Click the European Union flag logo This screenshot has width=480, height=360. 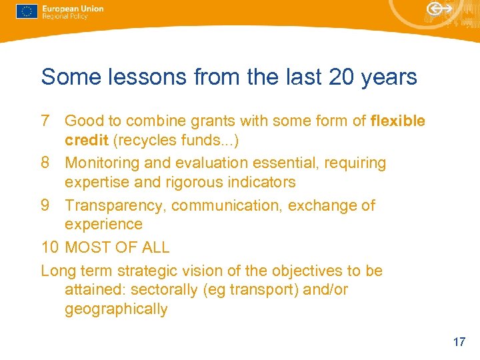tap(27, 11)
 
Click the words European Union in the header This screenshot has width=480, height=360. tap(73, 9)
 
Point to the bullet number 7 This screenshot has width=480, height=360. tap(46, 121)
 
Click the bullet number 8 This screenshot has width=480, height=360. tap(46, 163)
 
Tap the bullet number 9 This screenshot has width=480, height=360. tap(46, 205)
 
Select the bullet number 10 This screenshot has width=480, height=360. tap(50, 247)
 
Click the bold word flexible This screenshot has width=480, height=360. tap(397, 121)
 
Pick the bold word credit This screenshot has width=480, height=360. tap(84, 141)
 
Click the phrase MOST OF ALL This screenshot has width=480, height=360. tap(117, 247)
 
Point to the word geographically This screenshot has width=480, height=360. tap(116, 309)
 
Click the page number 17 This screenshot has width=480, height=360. tap(459, 342)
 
